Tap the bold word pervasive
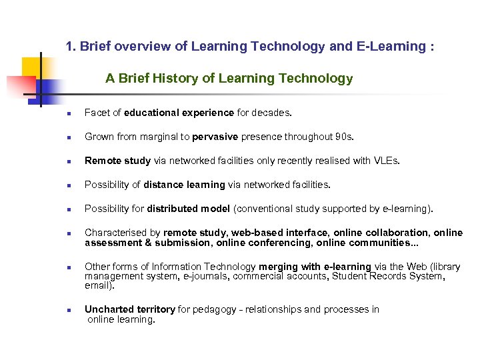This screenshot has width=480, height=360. [x=215, y=137]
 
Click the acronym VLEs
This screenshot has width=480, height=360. [x=388, y=161]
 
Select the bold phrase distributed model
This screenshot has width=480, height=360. [x=189, y=209]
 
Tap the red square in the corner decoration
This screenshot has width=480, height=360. [x=20, y=85]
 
